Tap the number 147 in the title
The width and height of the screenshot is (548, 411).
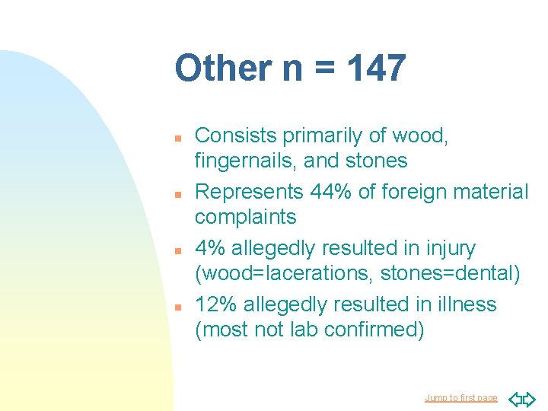point(376,68)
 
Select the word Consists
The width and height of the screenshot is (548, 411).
point(236,135)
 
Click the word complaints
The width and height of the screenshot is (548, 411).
point(245,217)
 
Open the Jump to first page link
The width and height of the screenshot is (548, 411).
point(461,398)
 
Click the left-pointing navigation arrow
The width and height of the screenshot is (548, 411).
point(515,398)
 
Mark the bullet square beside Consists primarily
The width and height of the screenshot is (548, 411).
point(176,138)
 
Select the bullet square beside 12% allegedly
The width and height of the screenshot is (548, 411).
point(176,307)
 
